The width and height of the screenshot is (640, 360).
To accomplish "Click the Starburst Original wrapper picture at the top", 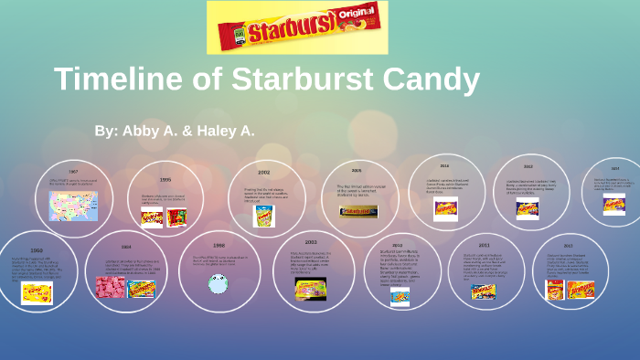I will [297, 27].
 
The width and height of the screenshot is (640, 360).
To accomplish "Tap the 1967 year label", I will [73, 172].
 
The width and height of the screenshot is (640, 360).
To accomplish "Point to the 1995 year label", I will [165, 180].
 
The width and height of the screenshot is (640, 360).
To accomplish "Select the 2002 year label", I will [263, 172].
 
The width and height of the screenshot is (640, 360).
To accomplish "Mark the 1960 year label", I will [37, 249].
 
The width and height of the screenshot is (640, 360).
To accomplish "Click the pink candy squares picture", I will [111, 287].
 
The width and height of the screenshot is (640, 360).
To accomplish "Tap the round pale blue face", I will [218, 284].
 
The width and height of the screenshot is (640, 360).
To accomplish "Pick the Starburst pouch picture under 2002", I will [263, 217].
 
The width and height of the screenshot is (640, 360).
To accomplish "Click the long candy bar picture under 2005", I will [358, 211].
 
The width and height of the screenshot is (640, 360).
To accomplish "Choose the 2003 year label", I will [311, 242].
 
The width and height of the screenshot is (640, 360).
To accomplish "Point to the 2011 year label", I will [484, 246].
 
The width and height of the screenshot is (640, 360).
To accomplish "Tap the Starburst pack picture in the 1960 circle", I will [37, 291].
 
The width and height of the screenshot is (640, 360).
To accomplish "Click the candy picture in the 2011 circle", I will [483, 292].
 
